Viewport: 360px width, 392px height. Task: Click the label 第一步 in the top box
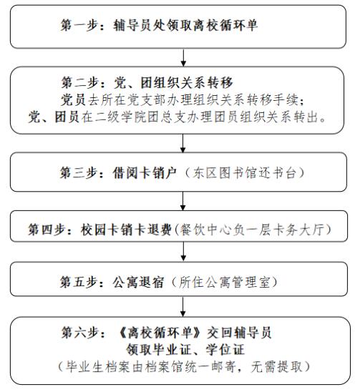(x=79, y=25)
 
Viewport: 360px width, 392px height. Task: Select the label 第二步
(x=79, y=82)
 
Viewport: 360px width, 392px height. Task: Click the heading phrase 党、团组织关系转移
(x=173, y=82)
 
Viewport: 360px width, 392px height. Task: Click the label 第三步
(x=78, y=172)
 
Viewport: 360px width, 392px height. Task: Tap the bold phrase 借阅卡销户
(x=145, y=172)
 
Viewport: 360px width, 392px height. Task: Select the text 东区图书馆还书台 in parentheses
(x=245, y=172)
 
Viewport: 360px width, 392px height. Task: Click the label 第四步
(x=47, y=229)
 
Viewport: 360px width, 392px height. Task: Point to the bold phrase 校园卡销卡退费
(x=126, y=229)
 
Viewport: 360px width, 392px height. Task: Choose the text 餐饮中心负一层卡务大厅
(x=252, y=229)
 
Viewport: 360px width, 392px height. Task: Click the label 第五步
(x=78, y=282)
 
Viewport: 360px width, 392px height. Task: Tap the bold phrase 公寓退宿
(x=138, y=282)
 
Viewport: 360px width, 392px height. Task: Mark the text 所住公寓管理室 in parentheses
(x=225, y=282)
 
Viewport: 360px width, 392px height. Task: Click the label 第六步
(x=79, y=333)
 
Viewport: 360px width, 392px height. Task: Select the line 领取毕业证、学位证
(x=185, y=350)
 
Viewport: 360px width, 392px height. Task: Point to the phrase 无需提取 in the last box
(x=276, y=367)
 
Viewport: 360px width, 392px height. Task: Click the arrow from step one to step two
(x=183, y=58)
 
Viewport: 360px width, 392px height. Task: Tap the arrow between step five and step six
(x=183, y=307)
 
